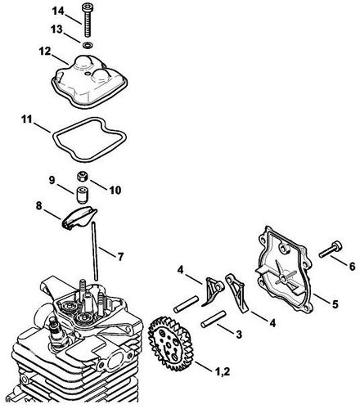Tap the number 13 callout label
click(57, 29)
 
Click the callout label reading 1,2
click(223, 372)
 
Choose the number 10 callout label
click(115, 190)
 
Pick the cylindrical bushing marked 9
click(81, 196)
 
